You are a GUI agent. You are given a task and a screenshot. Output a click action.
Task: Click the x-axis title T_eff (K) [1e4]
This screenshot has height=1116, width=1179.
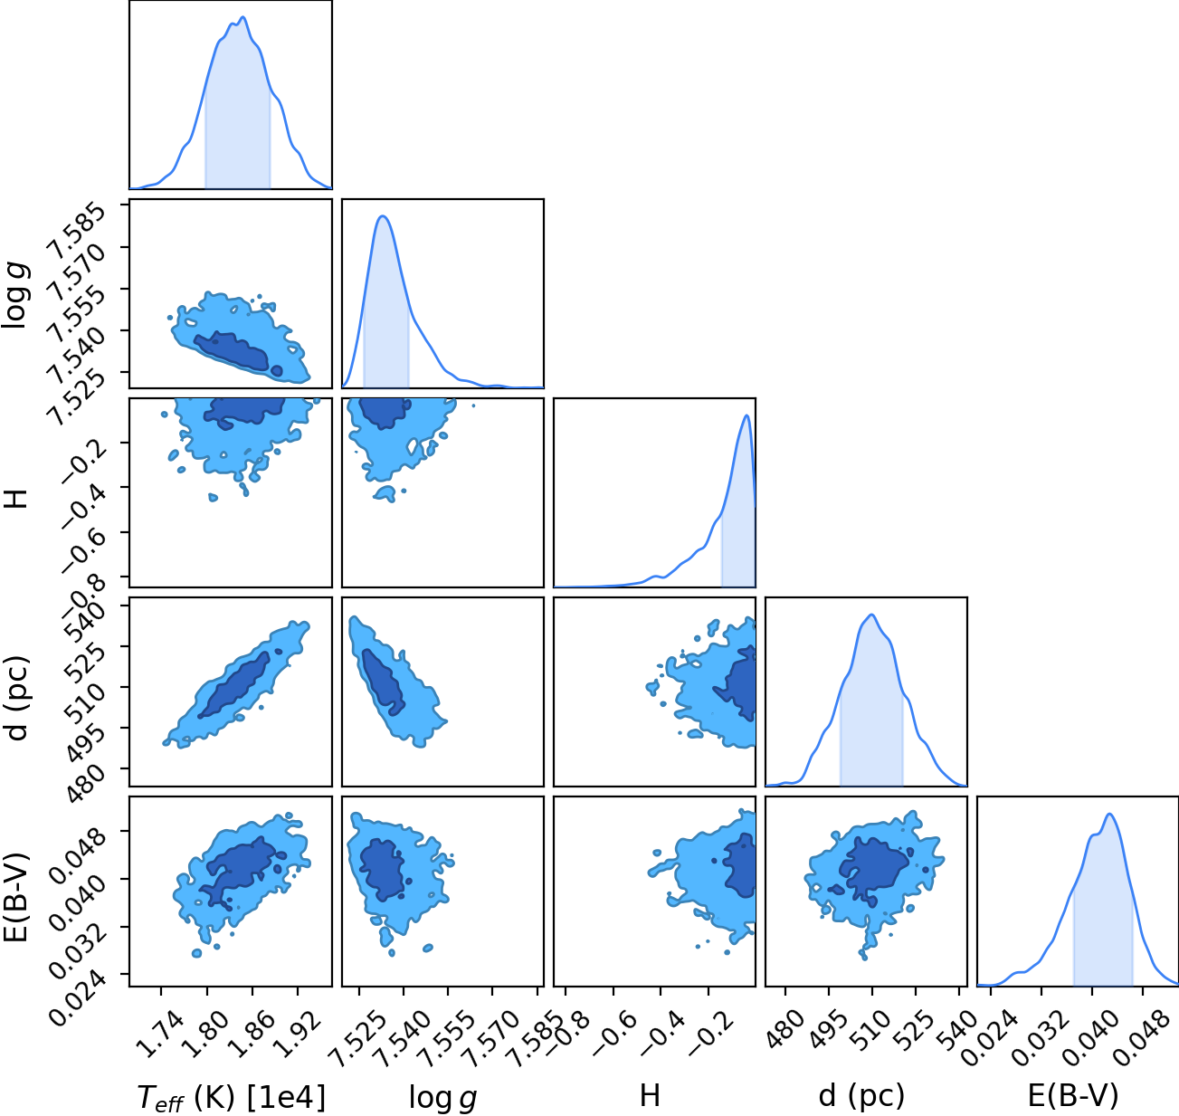point(231,1097)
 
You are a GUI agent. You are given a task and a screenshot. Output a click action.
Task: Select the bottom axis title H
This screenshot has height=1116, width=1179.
point(650,1095)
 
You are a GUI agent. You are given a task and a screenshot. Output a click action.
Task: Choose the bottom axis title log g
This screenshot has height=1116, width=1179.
point(442,1098)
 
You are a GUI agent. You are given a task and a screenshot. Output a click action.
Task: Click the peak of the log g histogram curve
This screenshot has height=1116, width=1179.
point(383,216)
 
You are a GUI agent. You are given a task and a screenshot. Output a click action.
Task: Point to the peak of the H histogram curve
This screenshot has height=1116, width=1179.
point(746,415)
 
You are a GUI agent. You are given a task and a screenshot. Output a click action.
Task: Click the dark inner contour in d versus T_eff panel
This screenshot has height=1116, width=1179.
point(234,684)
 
